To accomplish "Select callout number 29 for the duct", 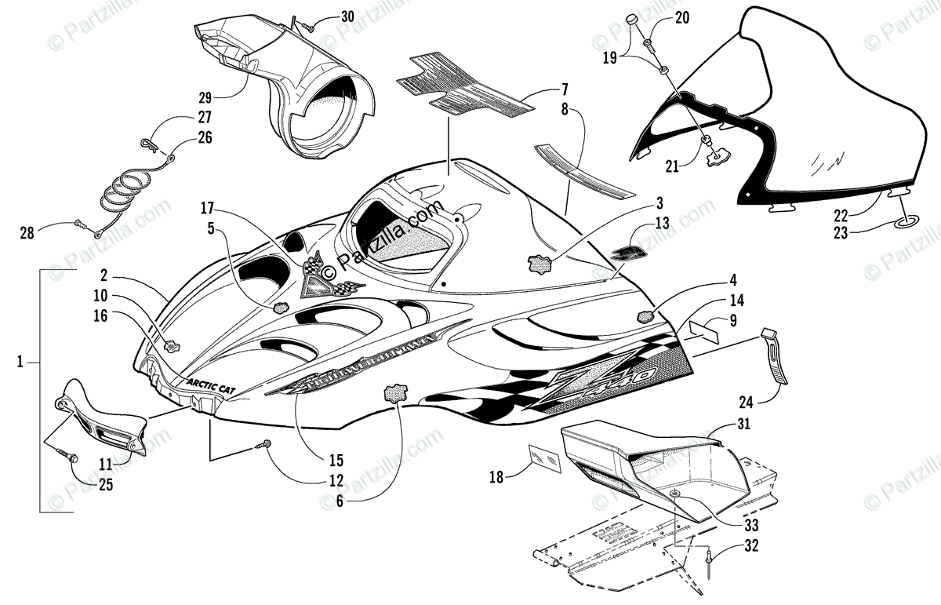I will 205,98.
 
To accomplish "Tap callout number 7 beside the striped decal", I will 564,89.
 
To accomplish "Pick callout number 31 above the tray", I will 742,425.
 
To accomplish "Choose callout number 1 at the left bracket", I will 21,362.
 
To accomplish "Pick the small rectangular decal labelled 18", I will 544,457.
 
